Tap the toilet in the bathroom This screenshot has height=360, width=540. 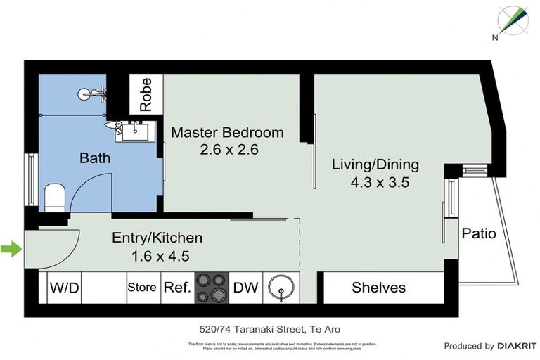[x=54, y=197]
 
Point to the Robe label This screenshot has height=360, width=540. [x=146, y=94]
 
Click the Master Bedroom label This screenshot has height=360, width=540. [x=227, y=132]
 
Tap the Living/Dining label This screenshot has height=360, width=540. [x=375, y=165]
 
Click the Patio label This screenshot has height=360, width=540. [x=478, y=233]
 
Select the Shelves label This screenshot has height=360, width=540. [x=379, y=288]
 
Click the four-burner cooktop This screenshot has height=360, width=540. [x=212, y=288]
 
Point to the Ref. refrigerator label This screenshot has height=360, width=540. [x=177, y=288]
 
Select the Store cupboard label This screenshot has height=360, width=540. [x=142, y=288]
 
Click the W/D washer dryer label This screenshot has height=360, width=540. [x=63, y=288]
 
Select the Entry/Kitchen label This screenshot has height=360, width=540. [x=157, y=238]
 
